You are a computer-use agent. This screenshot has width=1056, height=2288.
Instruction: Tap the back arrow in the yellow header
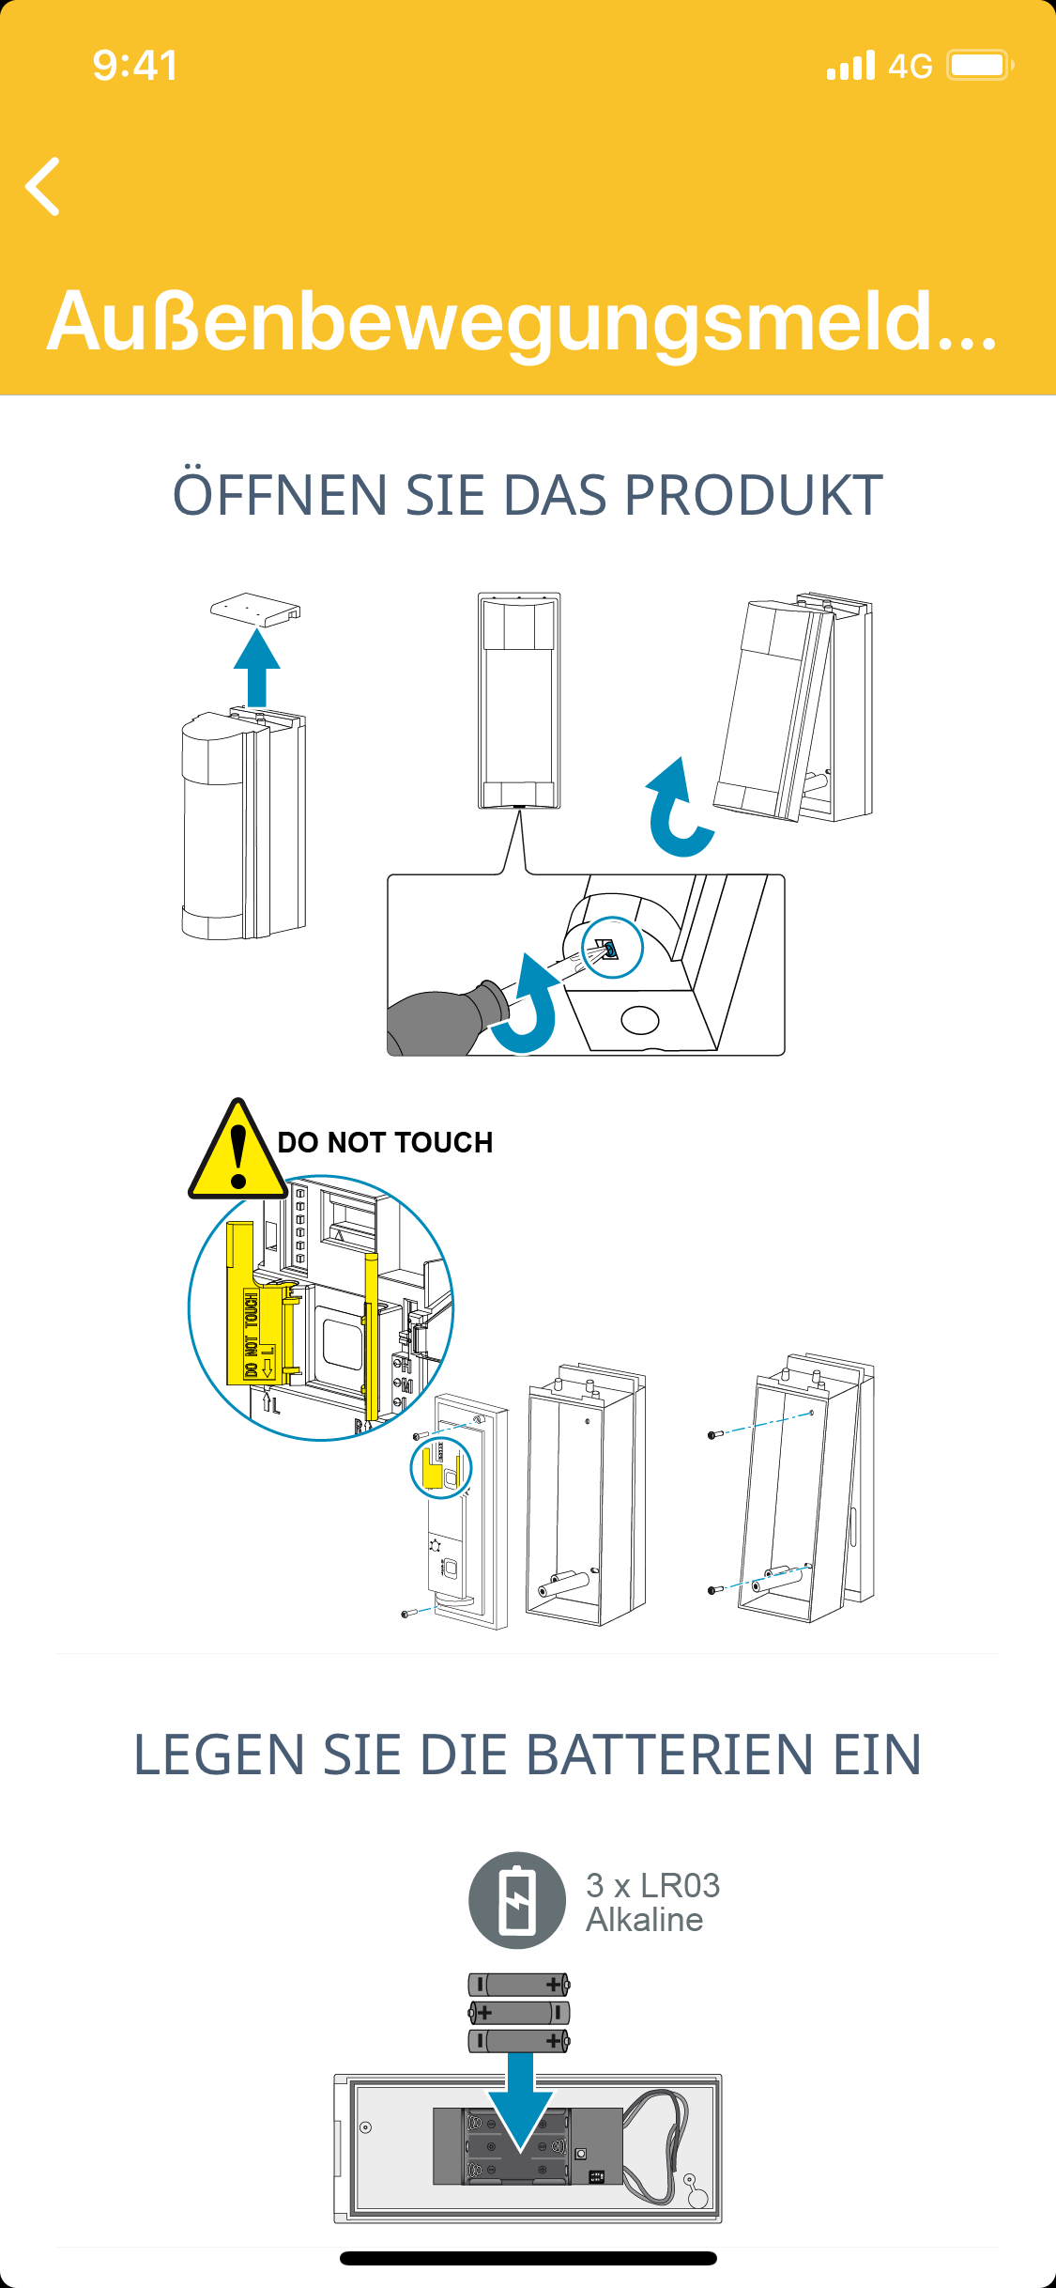(43, 187)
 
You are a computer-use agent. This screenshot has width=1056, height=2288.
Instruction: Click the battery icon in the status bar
(979, 66)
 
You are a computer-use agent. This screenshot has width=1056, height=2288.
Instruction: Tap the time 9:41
(135, 66)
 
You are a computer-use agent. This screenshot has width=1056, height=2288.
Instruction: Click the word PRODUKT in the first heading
(753, 495)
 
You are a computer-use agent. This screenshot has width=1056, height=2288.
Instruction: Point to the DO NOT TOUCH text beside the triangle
(385, 1142)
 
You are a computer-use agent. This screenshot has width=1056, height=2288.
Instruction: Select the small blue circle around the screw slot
(612, 948)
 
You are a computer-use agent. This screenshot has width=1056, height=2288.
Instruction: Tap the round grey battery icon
(517, 1900)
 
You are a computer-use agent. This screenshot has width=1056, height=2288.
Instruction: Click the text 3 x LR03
(652, 1885)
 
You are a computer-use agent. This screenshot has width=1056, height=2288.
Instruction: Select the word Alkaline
(644, 1920)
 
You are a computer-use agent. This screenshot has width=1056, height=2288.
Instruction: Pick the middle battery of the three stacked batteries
(519, 2012)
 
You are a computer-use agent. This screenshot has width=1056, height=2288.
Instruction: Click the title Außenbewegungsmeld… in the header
(522, 322)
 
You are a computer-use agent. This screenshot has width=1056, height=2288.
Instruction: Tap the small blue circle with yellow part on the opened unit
(440, 1468)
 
